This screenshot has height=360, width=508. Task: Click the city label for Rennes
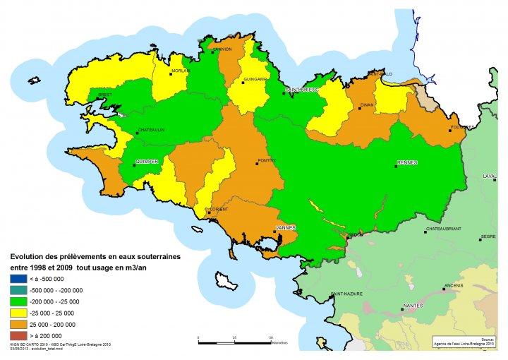(408, 162)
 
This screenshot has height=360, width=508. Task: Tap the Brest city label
(85, 93)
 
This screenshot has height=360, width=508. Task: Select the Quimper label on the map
(147, 162)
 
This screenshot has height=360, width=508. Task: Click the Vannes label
(285, 227)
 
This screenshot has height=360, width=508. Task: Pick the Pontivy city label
(269, 161)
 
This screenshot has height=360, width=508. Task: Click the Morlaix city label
(180, 71)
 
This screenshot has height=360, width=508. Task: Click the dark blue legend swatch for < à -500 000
(16, 279)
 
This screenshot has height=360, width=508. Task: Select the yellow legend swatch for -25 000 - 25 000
(16, 312)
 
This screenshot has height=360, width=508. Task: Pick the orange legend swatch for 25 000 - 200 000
(16, 323)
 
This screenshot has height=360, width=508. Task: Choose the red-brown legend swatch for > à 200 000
(16, 335)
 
